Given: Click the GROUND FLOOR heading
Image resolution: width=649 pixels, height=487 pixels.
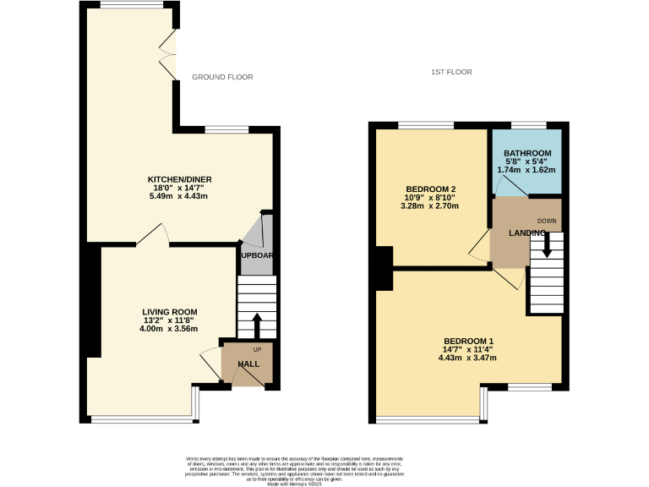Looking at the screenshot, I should tap(222, 77).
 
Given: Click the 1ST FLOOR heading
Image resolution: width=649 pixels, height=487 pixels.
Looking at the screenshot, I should tap(450, 73).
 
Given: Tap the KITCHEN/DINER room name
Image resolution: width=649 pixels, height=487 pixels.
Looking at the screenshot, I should tap(179, 180).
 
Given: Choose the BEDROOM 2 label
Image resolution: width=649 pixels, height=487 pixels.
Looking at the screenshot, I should tap(431, 189).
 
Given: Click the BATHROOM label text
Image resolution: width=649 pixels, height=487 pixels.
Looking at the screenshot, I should tap(527, 153).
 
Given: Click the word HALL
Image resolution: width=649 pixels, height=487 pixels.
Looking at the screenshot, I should tap(248, 364).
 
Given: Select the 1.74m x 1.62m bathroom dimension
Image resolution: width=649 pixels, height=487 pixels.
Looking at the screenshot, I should tap(526, 170).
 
